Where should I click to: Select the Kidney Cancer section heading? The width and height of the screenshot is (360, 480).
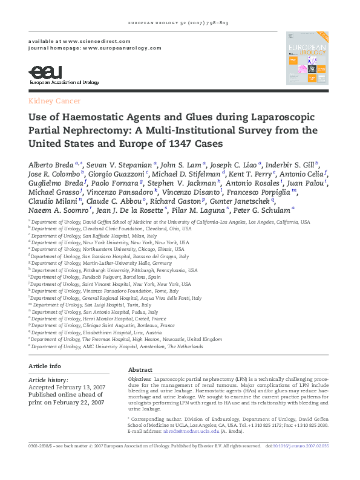click(54, 101)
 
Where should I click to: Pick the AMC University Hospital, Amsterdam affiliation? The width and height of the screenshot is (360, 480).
click(117, 347)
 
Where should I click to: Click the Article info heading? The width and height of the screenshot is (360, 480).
click(44, 366)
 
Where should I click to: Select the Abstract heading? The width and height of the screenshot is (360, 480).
click(140, 369)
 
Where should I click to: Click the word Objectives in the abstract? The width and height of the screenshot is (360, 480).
click(139, 378)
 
